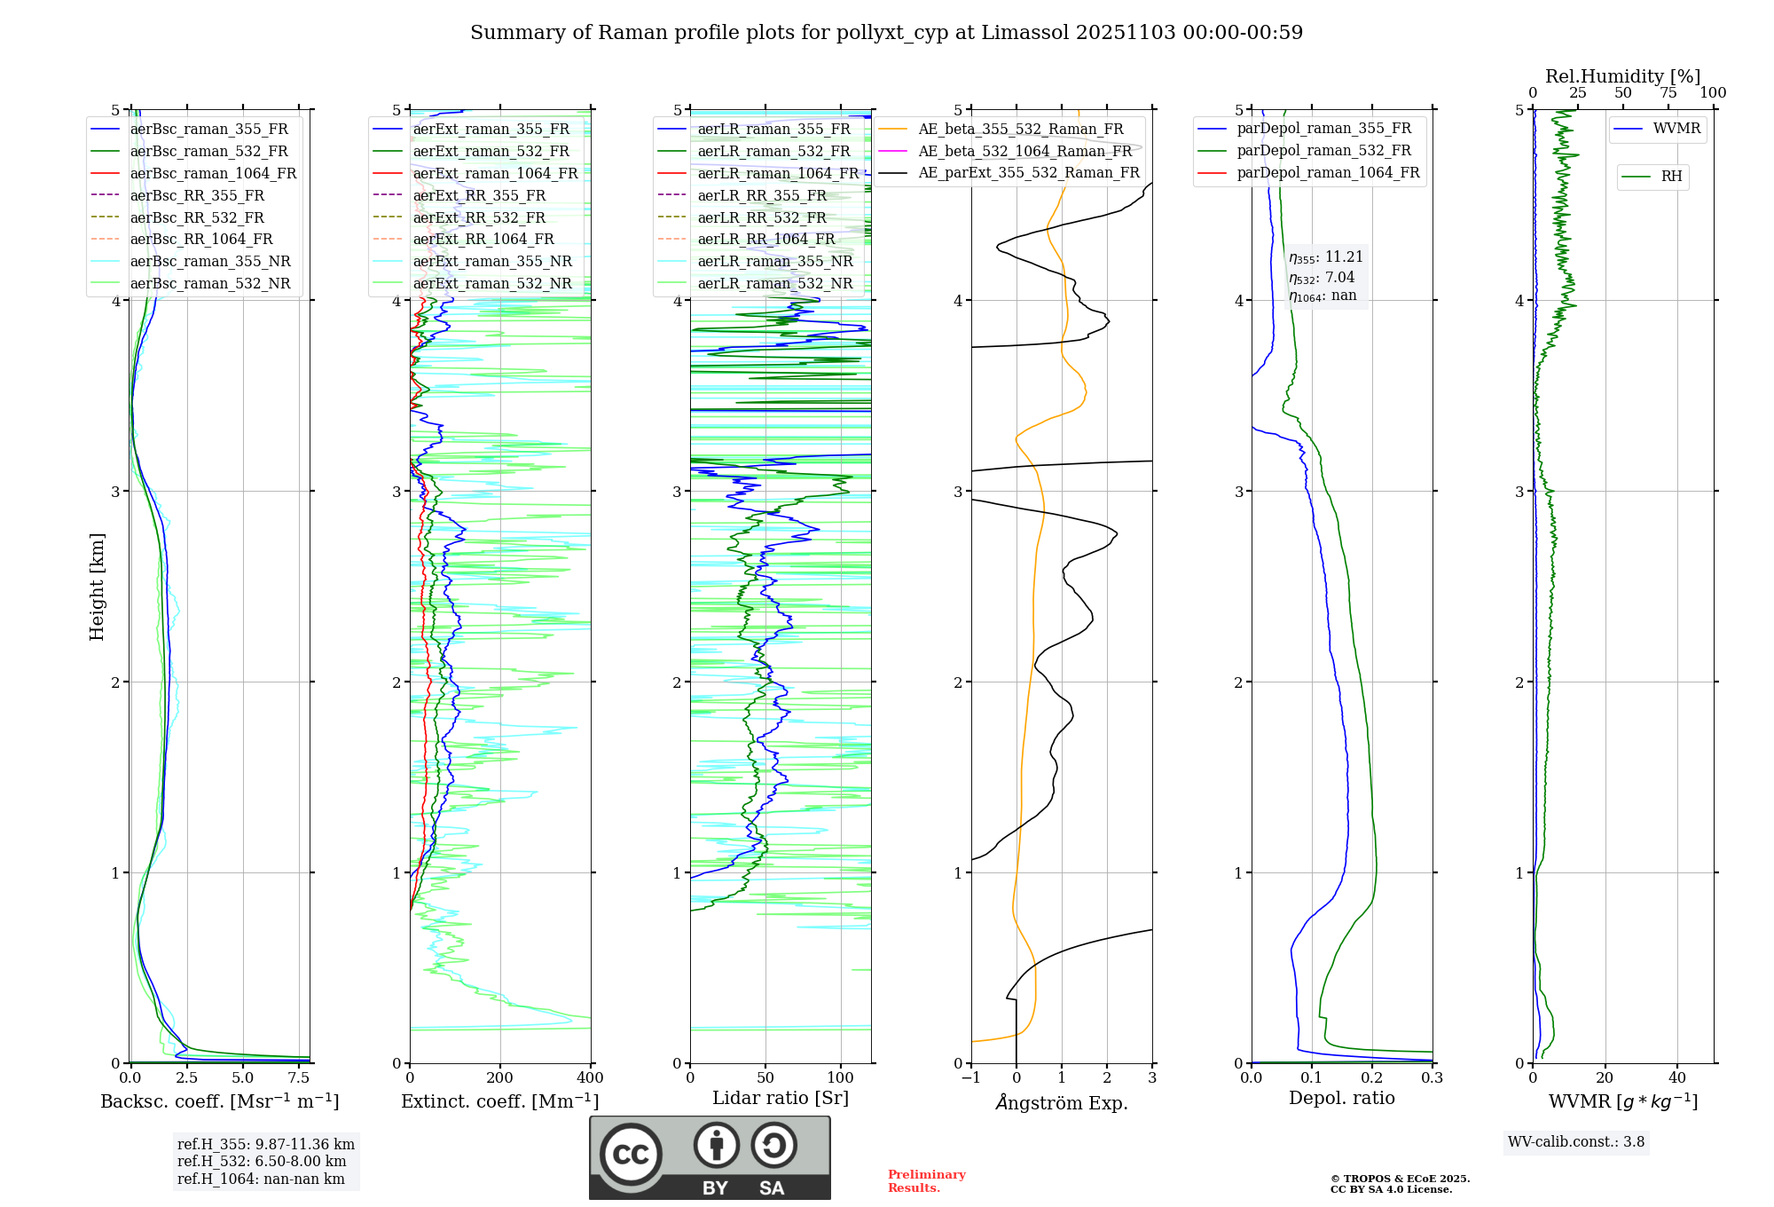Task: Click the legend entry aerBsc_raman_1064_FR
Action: point(213,173)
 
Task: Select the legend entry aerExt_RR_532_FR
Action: point(479,217)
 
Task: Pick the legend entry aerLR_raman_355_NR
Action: point(774,261)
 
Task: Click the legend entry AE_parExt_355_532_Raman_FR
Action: point(1028,172)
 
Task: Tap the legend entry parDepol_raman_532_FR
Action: point(1323,150)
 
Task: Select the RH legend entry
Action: point(1671,177)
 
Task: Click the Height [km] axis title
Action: point(97,587)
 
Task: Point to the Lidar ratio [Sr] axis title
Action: point(781,1098)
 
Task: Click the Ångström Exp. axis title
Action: point(1062,1102)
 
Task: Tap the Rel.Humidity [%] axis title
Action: point(1622,76)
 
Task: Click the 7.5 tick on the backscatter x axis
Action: point(299,1078)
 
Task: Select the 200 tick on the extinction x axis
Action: point(500,1078)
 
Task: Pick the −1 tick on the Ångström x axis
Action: point(970,1078)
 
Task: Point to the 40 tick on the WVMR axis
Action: point(1677,1078)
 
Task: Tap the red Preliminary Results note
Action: point(926,1180)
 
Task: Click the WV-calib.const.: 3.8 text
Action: point(1576,1142)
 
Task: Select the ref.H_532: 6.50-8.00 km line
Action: point(262,1162)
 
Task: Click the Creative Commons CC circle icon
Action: point(631,1154)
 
